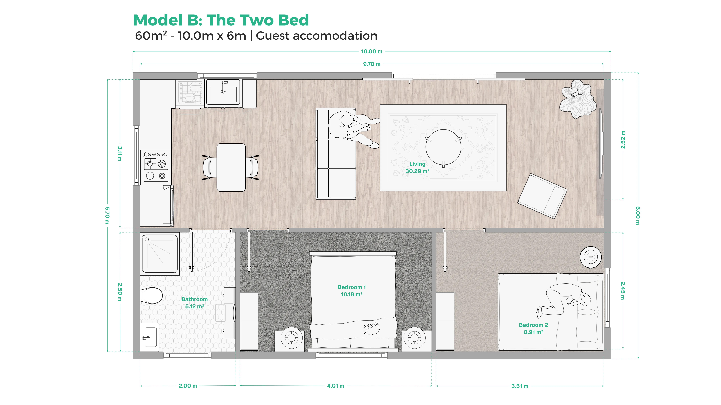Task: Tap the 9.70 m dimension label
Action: pos(372,64)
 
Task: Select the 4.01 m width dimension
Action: pos(335,386)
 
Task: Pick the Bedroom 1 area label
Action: pos(352,291)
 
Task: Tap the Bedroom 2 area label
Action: pos(533,328)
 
